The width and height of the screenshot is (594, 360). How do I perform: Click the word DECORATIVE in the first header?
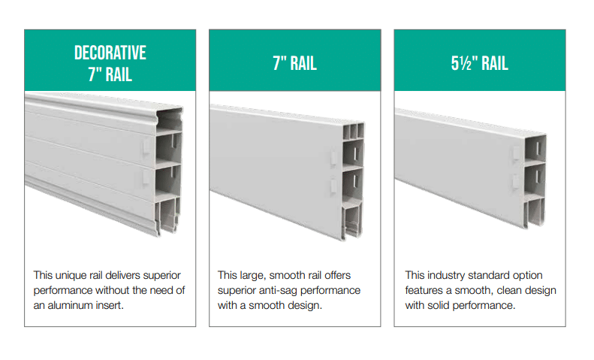pyautogui.click(x=110, y=53)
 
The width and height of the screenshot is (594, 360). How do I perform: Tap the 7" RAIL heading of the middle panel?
pyautogui.click(x=294, y=63)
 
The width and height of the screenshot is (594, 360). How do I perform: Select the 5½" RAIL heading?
pyautogui.click(x=480, y=63)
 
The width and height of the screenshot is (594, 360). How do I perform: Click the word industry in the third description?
pyautogui.click(x=446, y=275)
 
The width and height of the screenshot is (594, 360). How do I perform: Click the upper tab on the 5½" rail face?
pyautogui.click(x=516, y=153)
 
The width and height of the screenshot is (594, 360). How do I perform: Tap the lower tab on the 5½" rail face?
pyautogui.click(x=516, y=181)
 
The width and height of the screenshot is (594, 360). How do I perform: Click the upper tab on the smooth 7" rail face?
pyautogui.click(x=333, y=159)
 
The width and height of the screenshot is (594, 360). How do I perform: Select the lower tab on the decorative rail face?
pyautogui.click(x=146, y=177)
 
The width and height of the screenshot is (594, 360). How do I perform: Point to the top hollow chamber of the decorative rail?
pyautogui.click(x=169, y=119)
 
